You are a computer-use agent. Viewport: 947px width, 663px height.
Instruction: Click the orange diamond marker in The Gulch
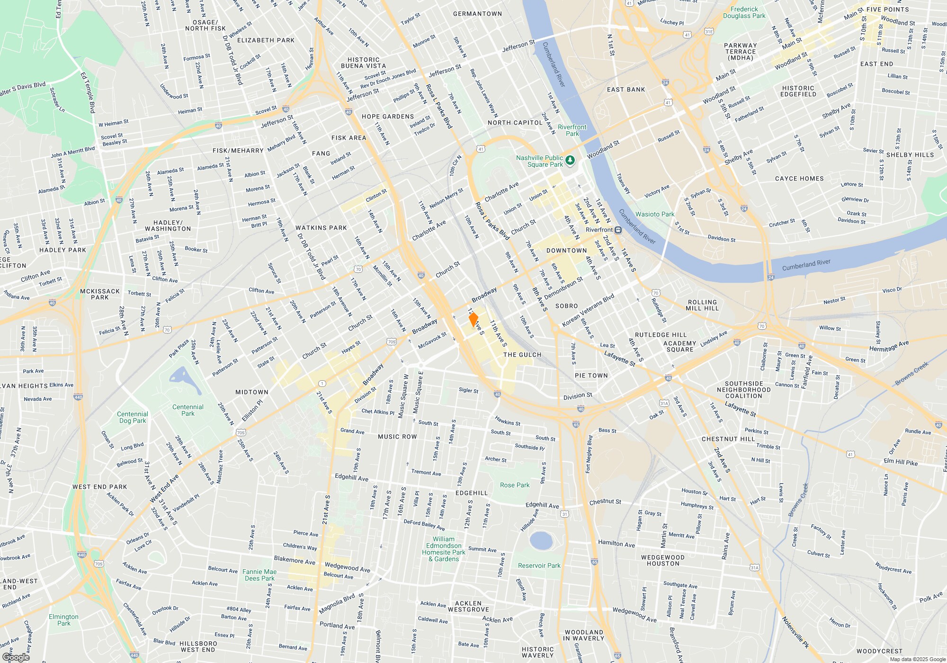pos(473,319)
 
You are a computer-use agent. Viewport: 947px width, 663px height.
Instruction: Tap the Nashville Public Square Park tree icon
pos(570,161)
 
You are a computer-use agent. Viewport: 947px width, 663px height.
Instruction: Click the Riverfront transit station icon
pos(618,230)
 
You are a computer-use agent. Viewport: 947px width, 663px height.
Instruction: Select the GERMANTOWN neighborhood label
pos(477,14)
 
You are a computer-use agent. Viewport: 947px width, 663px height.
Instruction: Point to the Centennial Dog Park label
pos(133,417)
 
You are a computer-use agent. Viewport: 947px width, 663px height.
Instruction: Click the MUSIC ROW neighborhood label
pos(397,437)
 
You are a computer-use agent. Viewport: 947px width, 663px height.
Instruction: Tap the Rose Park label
pos(515,485)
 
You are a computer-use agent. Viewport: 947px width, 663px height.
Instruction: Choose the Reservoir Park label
pos(539,565)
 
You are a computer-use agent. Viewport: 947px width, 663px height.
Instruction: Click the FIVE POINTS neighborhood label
pos(887,9)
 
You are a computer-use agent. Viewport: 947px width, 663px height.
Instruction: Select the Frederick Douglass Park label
pos(744,12)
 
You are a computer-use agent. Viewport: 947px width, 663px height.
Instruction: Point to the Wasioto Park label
pos(654,214)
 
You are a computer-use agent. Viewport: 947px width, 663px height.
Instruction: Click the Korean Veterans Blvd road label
pos(588,310)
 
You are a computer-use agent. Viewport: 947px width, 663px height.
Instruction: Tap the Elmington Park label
pos(63,620)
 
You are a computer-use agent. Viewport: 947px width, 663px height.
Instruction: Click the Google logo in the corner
pos(16,657)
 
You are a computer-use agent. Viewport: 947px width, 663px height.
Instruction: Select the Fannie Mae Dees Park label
pos(259,575)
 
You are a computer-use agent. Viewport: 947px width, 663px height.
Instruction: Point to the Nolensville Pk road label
pos(795,632)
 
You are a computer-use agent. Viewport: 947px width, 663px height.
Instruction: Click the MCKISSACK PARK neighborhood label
pos(99,294)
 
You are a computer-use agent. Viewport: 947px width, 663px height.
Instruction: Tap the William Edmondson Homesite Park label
pos(444,549)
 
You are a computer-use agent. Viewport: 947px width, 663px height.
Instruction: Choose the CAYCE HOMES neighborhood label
pos(799,179)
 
